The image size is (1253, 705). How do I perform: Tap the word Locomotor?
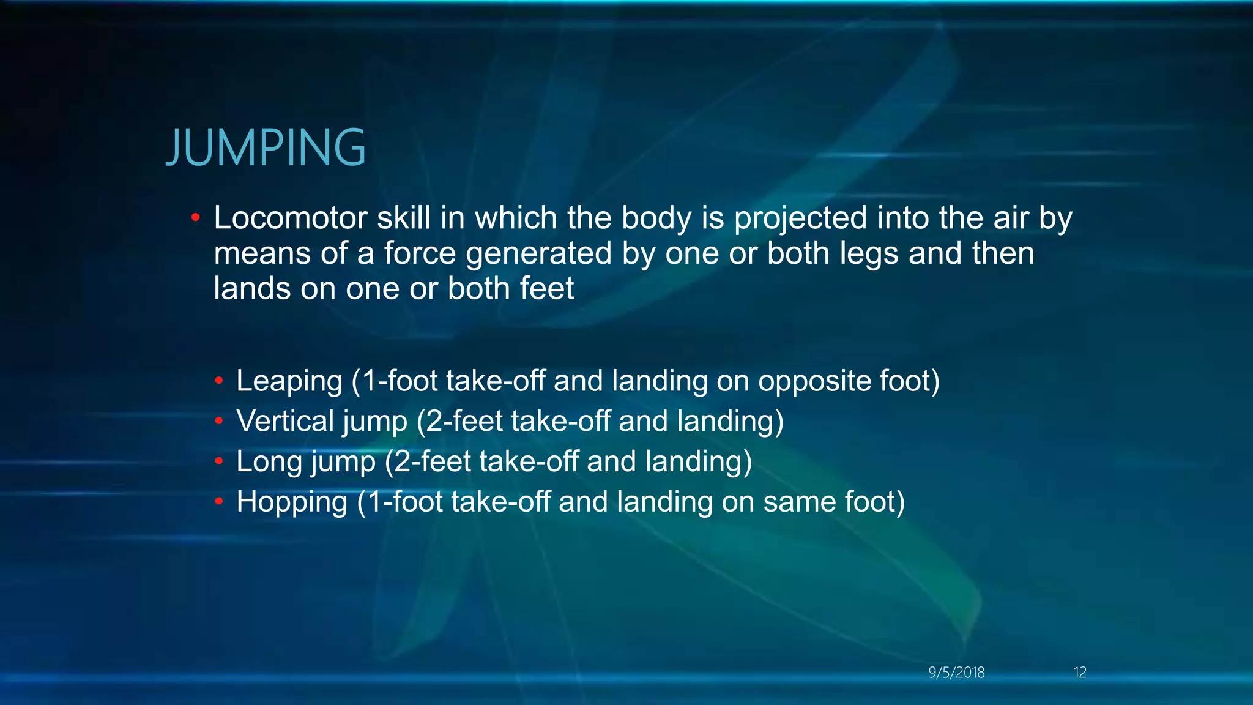pyautogui.click(x=290, y=218)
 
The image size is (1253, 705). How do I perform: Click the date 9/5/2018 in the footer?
pyautogui.click(x=956, y=673)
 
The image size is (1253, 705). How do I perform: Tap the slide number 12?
pyautogui.click(x=1080, y=673)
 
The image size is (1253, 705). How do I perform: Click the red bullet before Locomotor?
pyautogui.click(x=195, y=218)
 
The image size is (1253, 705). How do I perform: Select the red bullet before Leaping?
pyautogui.click(x=218, y=381)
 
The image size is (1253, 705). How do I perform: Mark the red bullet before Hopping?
pyautogui.click(x=218, y=502)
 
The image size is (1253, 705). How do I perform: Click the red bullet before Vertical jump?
pyautogui.click(x=218, y=421)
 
